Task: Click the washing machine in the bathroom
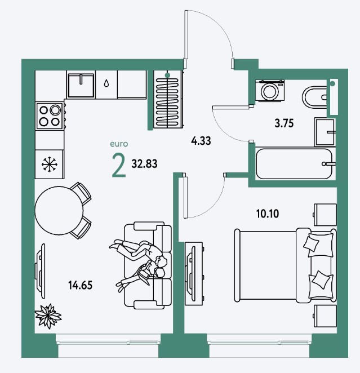coord(270,91)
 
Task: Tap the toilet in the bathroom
coord(314,97)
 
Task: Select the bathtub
coord(294,164)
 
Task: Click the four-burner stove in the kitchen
coord(50,116)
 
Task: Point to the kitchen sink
coord(81,86)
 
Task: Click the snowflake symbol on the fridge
coord(50,164)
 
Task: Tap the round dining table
coord(59,211)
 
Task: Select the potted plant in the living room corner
coord(48,316)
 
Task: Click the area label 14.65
coord(81,285)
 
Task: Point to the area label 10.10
coord(268,214)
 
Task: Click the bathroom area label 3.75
coord(284,123)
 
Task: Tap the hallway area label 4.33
coord(201,141)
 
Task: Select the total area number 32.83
coord(144,164)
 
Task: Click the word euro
coord(119,144)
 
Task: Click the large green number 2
coord(119,165)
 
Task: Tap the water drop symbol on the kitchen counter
coord(106,83)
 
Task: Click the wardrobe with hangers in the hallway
coord(168,99)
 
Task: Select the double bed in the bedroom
coord(285,265)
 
